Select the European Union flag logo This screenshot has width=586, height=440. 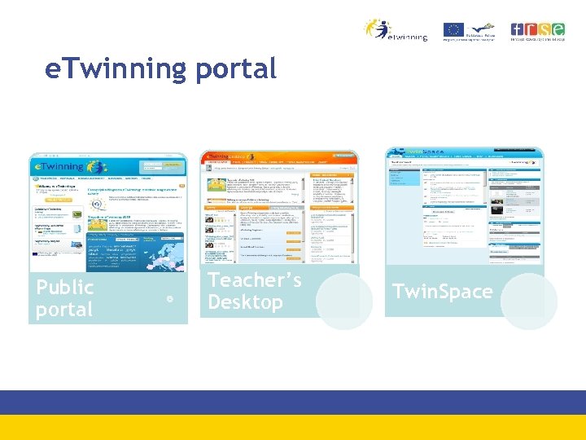point(453,29)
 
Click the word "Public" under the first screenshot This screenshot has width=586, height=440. point(65,288)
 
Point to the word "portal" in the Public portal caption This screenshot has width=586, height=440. point(64,310)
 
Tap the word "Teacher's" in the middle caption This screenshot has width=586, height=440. point(255,280)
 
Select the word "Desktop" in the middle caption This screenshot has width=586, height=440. point(245,302)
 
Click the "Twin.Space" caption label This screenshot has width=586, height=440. point(442,292)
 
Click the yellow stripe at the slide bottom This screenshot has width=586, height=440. point(293,428)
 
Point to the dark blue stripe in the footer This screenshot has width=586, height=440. point(293,403)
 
